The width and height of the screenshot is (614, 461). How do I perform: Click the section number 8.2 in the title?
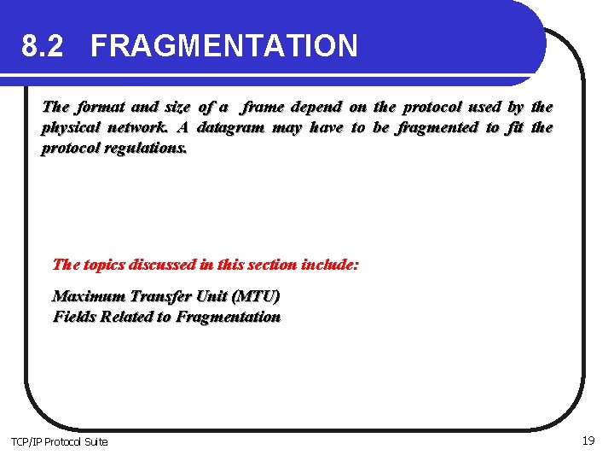43,45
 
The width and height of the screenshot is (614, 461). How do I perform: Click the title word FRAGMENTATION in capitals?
224,45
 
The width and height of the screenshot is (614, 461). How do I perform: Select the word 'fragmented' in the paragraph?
437,127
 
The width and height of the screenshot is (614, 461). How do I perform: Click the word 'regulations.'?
146,148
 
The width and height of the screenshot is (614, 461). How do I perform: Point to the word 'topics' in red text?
105,264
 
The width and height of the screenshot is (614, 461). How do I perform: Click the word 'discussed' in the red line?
166,264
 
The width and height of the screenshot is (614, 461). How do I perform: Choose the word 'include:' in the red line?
328,264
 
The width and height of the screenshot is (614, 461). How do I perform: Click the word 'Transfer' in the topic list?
159,296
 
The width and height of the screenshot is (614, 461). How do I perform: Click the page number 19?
588,441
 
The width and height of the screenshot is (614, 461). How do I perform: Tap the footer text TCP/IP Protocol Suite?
59,441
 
